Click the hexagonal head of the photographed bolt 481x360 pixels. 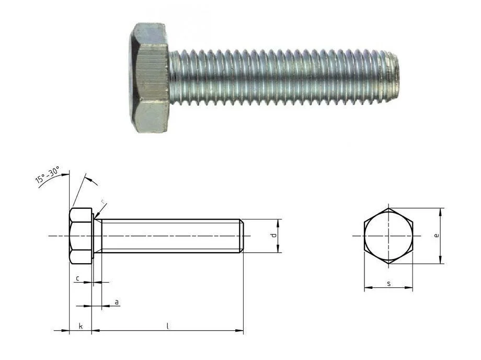(150, 77)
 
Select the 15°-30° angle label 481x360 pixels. (48, 175)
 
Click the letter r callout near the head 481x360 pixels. (103, 201)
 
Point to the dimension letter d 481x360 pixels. (274, 235)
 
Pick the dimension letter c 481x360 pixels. (78, 278)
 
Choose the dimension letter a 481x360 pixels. (117, 302)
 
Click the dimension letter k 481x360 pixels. (81, 326)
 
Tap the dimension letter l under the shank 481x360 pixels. (167, 326)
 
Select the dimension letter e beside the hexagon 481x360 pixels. (437, 235)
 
